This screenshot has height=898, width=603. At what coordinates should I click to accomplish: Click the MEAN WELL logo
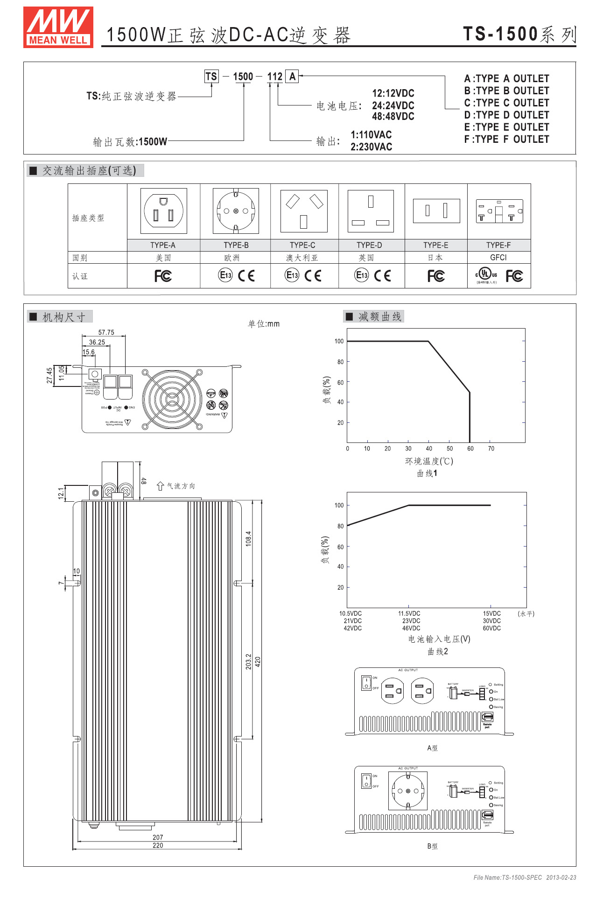pos(58,27)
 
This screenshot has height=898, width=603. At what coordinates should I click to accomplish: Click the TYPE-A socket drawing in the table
pos(163,211)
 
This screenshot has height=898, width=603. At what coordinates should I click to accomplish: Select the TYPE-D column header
pos(369,245)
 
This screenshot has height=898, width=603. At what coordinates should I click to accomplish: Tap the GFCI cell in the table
pos(498,258)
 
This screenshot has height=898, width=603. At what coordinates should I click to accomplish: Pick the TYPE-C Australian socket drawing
pos(303,211)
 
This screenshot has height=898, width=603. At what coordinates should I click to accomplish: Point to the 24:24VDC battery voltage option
pos(393,105)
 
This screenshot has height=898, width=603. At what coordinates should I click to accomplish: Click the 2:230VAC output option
pos(371,147)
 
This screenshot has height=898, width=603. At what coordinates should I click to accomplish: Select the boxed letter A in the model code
pos(292,77)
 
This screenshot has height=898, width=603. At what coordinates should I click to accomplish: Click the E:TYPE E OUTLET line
pos(506,127)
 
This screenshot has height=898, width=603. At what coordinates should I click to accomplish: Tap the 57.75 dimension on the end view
pos(106,332)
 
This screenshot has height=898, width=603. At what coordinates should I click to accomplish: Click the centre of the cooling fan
pos(172,399)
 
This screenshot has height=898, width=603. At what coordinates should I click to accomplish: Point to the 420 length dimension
pos(258,661)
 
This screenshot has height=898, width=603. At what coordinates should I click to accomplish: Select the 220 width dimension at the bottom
pos(158,845)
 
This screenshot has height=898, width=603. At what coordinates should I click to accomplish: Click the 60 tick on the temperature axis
pos(470,449)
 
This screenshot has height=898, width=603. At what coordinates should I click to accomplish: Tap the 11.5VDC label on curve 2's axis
pos(409,614)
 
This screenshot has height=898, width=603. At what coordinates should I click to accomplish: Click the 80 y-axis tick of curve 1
pos(340,362)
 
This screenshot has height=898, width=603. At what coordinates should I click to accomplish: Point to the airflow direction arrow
pos(160,486)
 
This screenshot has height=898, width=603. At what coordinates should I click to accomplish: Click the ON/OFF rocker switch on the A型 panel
pos(366,682)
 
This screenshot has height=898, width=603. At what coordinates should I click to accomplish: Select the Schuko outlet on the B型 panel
pos(408,791)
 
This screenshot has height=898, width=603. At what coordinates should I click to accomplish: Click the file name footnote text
pos(525,877)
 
